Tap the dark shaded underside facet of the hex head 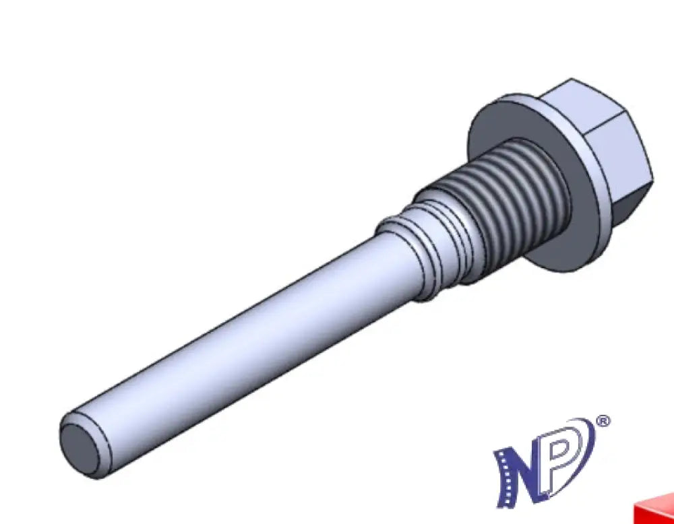coord(632,202)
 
